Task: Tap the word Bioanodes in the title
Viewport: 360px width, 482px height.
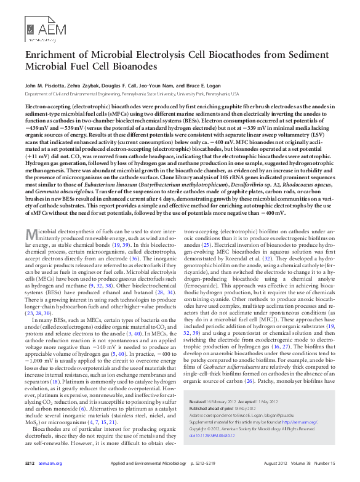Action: [x=130, y=66]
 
